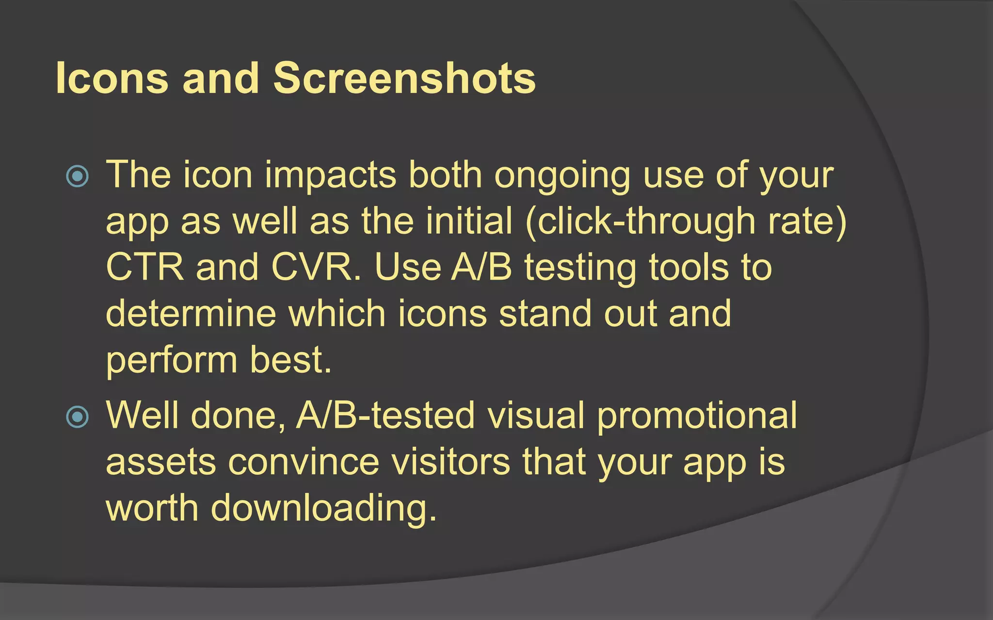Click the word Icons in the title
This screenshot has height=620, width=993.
point(112,78)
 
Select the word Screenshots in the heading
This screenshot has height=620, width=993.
point(404,78)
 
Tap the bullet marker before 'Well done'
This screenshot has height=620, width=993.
point(78,417)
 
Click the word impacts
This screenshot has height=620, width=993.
point(330,175)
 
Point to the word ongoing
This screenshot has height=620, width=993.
point(562,175)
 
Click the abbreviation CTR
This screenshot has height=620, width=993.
point(144,267)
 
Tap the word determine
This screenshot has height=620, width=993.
point(191,314)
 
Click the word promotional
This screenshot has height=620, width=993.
point(696,416)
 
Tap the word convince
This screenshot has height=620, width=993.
point(304,462)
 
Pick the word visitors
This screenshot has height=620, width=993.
point(451,462)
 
